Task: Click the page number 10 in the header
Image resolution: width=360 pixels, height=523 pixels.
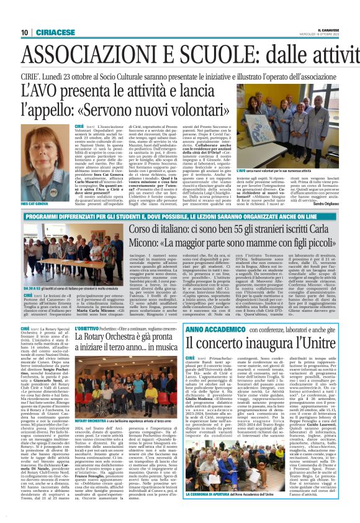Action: [25, 32]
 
